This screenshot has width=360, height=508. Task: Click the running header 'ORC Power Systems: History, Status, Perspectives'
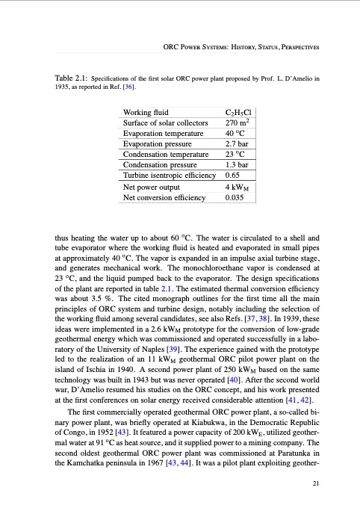click(241, 48)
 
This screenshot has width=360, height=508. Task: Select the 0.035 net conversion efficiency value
click(235, 198)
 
